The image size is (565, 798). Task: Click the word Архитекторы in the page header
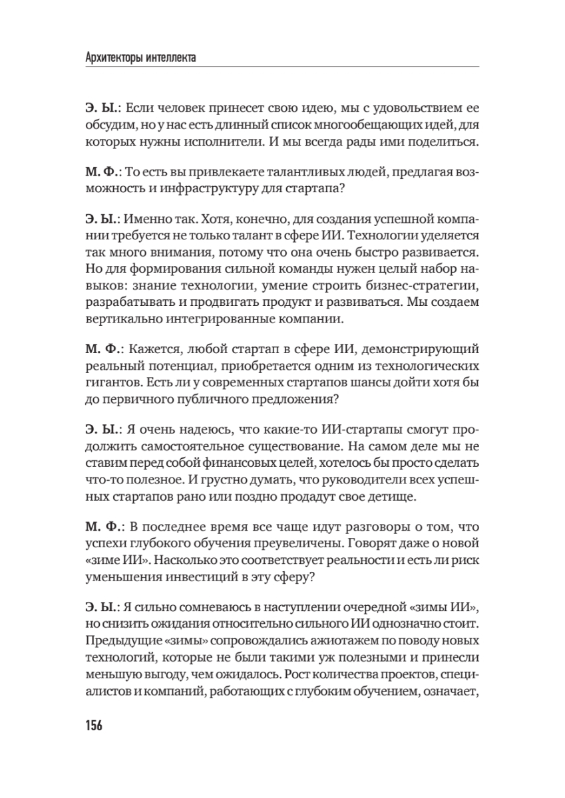pyautogui.click(x=118, y=59)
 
